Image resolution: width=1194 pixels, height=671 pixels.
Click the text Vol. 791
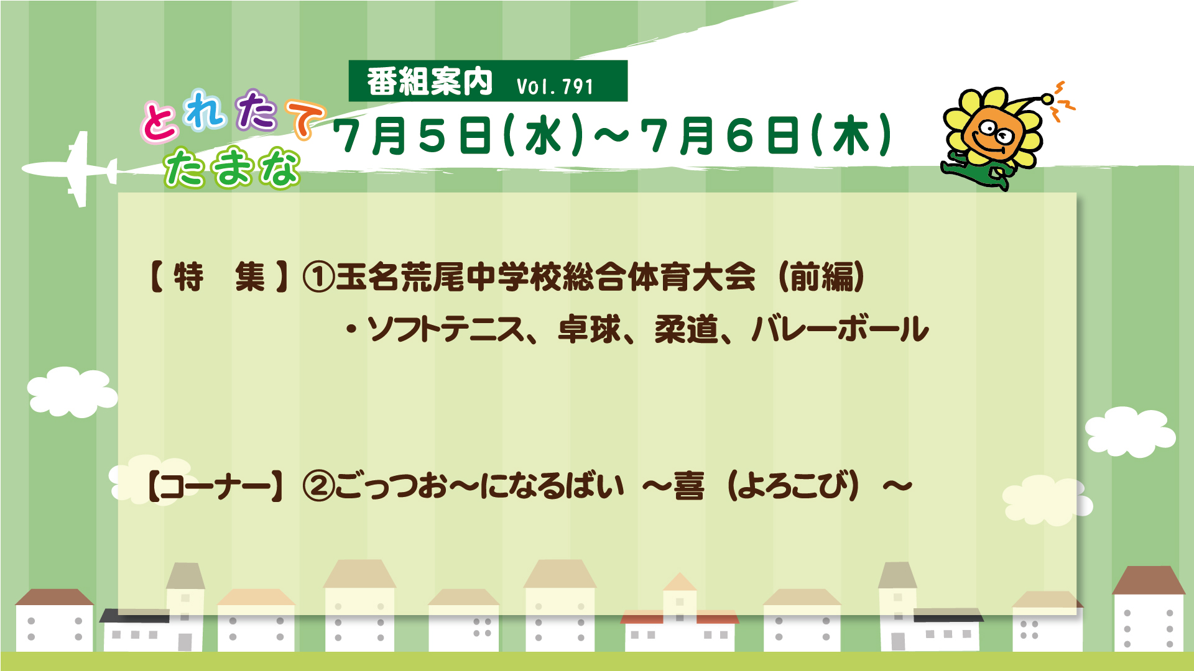(x=555, y=86)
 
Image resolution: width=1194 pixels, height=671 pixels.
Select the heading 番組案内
(x=429, y=82)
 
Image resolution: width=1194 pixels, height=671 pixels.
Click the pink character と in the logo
(x=160, y=122)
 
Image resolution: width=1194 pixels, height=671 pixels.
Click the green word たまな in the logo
(x=232, y=167)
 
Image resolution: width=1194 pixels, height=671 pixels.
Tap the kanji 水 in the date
(x=544, y=136)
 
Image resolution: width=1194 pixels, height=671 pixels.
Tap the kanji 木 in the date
(x=851, y=136)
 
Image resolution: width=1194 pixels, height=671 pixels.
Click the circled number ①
(x=318, y=277)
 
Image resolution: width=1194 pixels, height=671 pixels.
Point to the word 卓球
(x=589, y=329)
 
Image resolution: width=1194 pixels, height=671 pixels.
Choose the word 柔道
(x=686, y=329)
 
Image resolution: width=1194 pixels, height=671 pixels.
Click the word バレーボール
(x=840, y=329)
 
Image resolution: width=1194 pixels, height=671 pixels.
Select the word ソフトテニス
(x=446, y=329)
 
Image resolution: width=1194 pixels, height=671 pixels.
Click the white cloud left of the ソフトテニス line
(x=72, y=391)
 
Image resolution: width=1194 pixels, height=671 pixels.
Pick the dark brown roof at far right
(x=1149, y=580)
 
